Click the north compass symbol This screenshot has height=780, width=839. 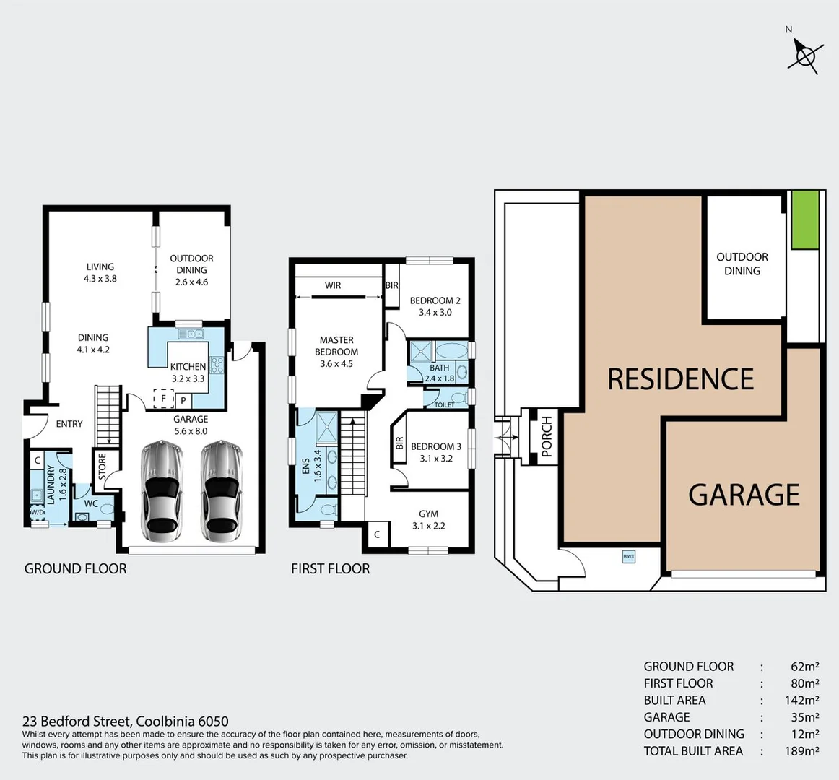pos(805,55)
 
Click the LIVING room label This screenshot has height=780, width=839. pos(100,272)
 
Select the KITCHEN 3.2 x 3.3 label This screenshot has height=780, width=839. pos(188,372)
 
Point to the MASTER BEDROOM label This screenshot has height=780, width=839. pos(336,351)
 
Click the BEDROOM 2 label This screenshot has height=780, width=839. pos(435,306)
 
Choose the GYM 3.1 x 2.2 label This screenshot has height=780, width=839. pos(428,519)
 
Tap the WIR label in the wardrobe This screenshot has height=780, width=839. pos(333,285)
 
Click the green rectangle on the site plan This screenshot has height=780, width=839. pos(806,220)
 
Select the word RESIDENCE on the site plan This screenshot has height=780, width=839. pos(680,379)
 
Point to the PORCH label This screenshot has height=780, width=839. pos(547,436)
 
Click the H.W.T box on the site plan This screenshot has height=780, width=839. pos(628,556)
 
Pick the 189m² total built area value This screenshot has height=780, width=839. pos(801,751)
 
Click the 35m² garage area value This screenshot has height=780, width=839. pos(804,717)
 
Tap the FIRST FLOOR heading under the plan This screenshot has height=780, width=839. pos(330,569)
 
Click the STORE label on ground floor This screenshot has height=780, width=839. pos(102,467)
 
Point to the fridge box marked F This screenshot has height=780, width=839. pos(163,398)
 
